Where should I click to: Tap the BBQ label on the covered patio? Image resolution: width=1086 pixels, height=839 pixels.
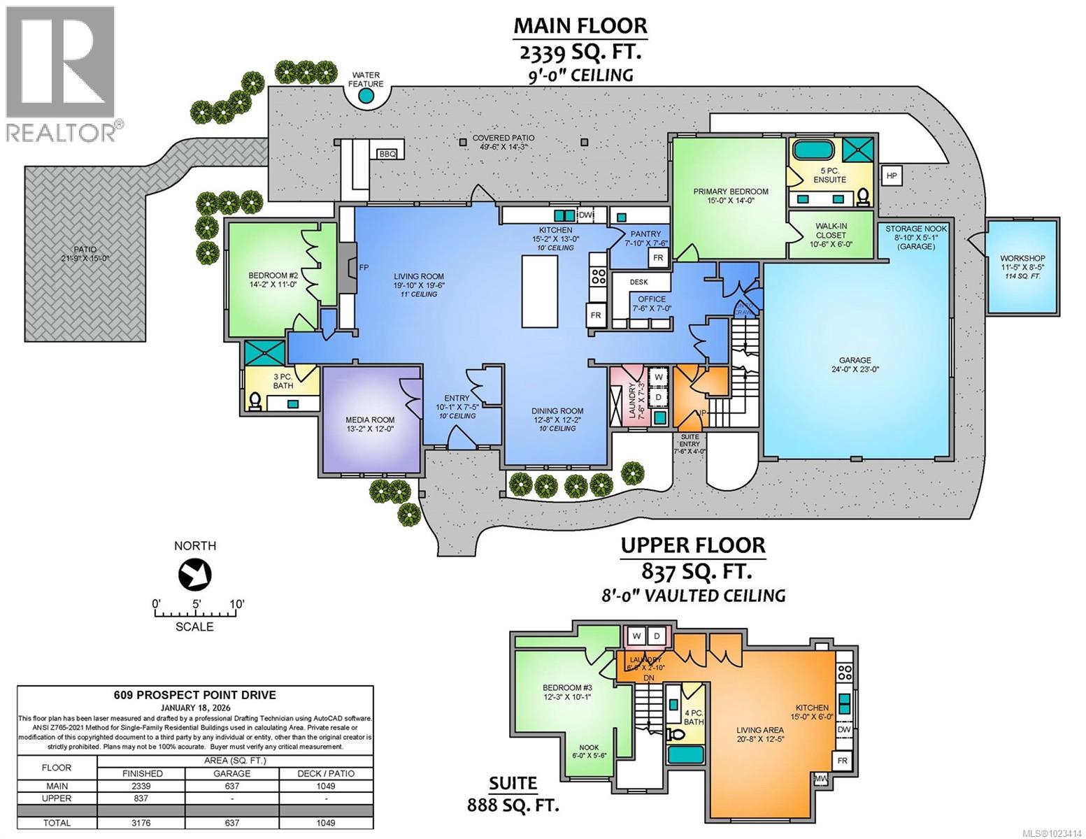[387, 154]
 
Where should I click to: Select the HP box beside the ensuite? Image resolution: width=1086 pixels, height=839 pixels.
[892, 175]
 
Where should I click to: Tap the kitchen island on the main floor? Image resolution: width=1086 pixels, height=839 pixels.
[540, 290]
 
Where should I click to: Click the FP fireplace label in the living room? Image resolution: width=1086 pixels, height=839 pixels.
[364, 268]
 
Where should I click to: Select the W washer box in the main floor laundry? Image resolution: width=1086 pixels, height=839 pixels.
[657, 377]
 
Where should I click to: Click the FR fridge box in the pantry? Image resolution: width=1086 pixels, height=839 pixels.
[658, 257]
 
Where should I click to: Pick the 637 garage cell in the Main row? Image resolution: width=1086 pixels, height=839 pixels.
[231, 786]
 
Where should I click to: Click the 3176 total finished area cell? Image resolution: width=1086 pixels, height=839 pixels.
[141, 823]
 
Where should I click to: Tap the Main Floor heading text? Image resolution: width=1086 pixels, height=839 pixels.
[580, 26]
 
